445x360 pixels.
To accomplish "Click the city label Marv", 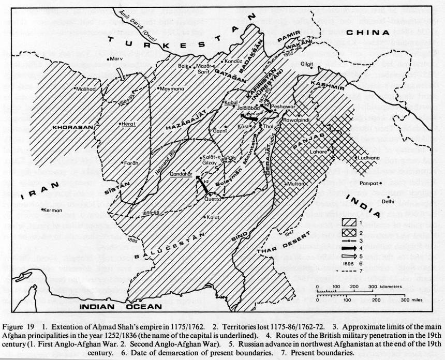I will pyautogui.click(x=116, y=59).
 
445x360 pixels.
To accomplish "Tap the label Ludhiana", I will pyautogui.click(x=369, y=157).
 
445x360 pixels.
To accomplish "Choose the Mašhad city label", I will pyautogui.click(x=86, y=89).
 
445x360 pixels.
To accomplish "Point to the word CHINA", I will pyautogui.click(x=365, y=33).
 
